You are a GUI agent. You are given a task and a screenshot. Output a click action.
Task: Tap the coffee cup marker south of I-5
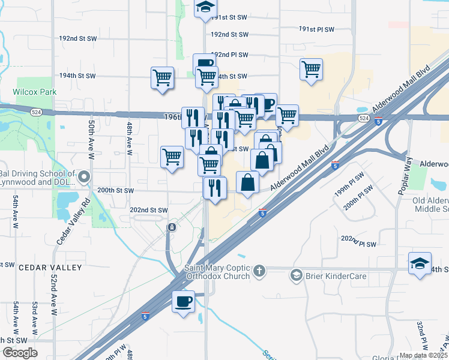click(x=183, y=301)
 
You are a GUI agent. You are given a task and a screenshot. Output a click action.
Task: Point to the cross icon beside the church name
click(x=259, y=271)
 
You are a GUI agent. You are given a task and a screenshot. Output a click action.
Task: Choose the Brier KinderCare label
click(x=333, y=276)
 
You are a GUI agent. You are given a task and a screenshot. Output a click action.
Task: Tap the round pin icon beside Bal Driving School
click(x=83, y=177)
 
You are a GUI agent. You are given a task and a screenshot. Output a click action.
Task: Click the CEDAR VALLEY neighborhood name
click(x=50, y=267)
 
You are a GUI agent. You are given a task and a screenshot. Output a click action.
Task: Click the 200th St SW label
click(x=114, y=190)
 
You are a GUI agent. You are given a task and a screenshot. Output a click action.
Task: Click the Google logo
click(x=20, y=353)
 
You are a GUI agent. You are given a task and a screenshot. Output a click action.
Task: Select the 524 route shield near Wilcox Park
click(x=37, y=112)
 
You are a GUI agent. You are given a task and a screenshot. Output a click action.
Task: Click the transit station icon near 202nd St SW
click(x=172, y=227)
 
